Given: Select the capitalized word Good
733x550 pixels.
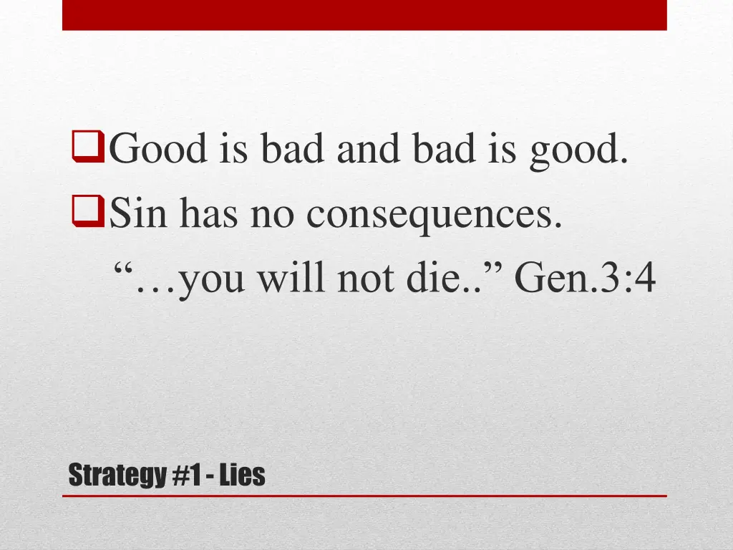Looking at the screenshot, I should point(157,149).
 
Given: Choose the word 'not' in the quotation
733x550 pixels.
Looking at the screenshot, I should point(361,279).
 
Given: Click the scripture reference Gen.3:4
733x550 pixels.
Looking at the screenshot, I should point(584,278).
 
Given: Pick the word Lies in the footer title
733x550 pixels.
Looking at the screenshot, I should point(242,474).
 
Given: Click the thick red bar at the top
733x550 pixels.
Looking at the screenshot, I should point(364,15).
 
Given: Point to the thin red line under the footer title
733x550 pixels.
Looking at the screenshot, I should point(364,496).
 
